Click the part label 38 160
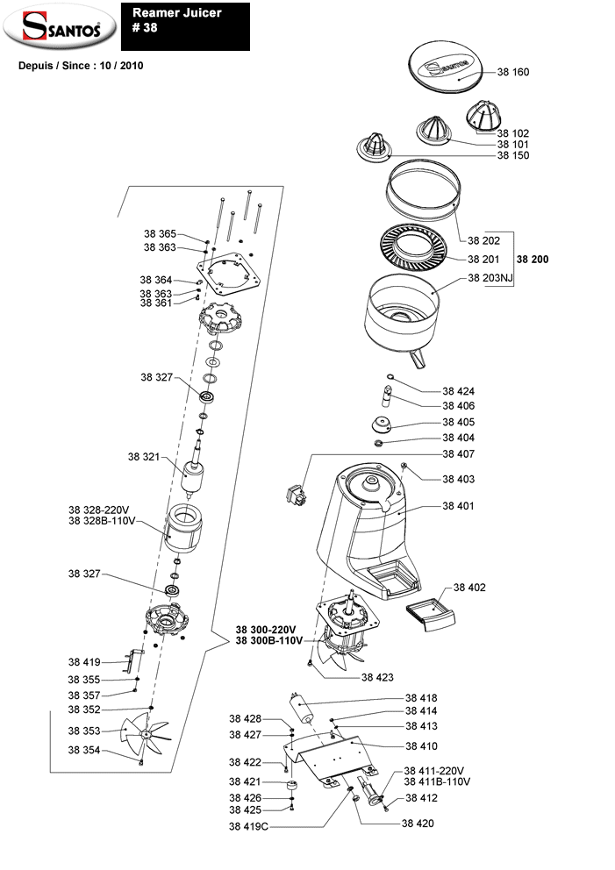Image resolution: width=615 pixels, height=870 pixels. click(513, 71)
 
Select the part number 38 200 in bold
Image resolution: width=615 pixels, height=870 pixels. click(535, 260)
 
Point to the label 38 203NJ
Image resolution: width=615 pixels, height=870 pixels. click(490, 278)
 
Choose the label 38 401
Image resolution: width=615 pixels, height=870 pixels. click(458, 507)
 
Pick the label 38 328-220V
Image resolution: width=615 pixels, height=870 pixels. click(98, 510)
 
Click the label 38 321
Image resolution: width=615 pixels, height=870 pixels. click(146, 457)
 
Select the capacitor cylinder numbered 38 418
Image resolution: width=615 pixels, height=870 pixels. click(303, 705)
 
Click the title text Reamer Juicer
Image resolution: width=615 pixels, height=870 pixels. click(176, 13)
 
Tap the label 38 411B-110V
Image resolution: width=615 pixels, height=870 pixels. click(437, 781)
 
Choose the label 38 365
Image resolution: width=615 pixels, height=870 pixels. click(160, 234)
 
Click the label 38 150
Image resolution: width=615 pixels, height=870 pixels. click(513, 155)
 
